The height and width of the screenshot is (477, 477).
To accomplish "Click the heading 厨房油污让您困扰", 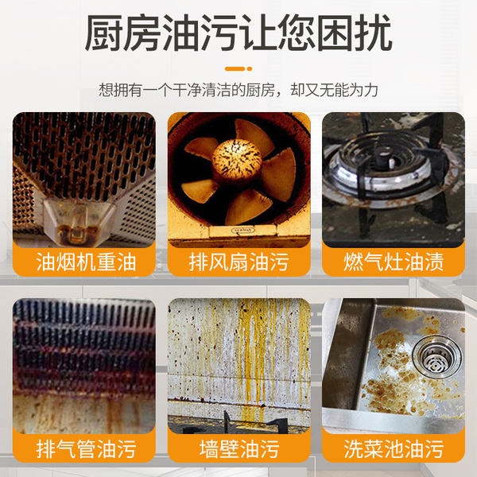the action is (238, 33).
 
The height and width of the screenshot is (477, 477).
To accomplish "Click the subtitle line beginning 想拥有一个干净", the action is (238, 90).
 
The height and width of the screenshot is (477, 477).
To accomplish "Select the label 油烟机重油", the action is (86, 262).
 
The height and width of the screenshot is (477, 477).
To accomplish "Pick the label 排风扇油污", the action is (238, 262).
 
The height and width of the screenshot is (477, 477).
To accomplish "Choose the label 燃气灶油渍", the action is (394, 262).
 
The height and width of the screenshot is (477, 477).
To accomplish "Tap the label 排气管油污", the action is (86, 448).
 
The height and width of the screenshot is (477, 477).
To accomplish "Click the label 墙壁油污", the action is (238, 448).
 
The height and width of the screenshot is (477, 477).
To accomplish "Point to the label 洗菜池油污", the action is (394, 448).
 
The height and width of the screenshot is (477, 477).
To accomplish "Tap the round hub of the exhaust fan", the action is (237, 161).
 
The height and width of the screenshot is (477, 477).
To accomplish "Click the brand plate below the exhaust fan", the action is (243, 231).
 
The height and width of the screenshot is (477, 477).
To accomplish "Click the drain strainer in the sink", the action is (436, 358).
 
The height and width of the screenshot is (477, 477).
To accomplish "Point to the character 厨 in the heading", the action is (103, 33).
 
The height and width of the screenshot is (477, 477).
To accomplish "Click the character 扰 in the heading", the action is (374, 33).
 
